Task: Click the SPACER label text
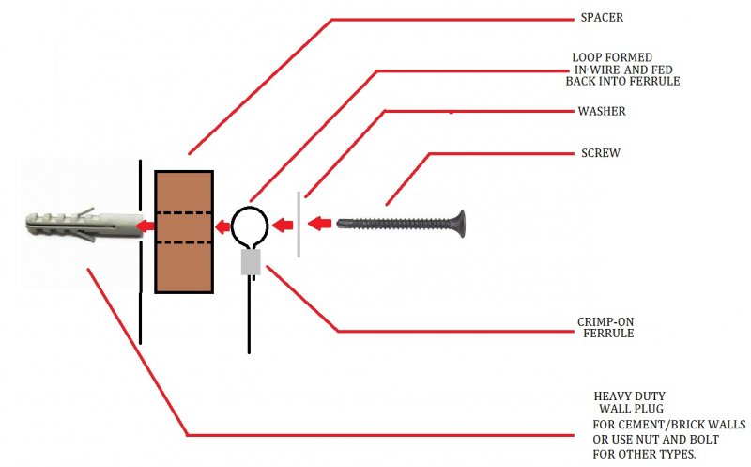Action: [601, 18]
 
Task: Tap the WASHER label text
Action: [601, 111]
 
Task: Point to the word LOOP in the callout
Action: [589, 57]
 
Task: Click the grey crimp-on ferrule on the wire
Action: [250, 262]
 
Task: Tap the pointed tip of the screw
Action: [340, 224]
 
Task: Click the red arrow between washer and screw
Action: [319, 224]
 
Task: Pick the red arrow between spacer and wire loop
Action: [219, 226]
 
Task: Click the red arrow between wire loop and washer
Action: [283, 226]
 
